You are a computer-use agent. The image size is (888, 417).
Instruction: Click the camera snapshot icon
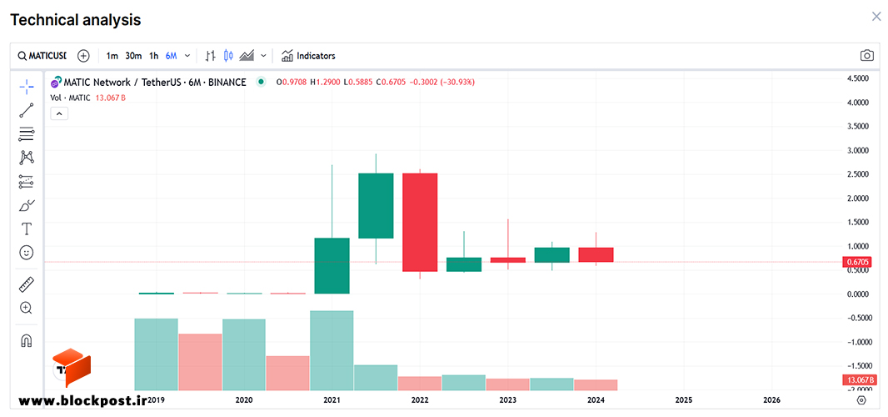pos(866,56)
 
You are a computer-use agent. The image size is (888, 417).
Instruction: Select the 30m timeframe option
pos(133,56)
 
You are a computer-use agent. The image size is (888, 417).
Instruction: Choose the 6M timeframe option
pos(171,56)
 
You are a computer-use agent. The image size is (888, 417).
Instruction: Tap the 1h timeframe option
pos(153,56)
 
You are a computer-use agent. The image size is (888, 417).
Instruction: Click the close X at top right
pos(876,17)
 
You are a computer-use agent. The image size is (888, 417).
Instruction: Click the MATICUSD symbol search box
pos(42,56)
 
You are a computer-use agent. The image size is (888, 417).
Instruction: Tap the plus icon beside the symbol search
pos(84,56)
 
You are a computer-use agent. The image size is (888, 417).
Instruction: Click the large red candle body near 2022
pos(420,223)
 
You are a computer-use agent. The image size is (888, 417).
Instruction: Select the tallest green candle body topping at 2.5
pos(376,205)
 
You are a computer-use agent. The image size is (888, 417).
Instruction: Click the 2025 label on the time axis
pos(684,400)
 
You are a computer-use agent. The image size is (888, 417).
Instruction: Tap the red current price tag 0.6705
pos(860,262)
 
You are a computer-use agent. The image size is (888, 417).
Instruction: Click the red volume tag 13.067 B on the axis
pos(860,380)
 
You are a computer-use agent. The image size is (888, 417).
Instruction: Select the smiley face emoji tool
pos(26,253)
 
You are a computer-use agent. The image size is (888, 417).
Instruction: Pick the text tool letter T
pos(26,229)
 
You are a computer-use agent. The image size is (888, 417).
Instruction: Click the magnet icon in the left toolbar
pos(26,341)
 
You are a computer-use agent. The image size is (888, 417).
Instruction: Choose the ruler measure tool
pos(26,284)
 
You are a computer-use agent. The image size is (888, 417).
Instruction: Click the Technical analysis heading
pos(76,20)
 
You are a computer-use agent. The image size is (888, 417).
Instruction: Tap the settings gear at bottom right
pos(861,400)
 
